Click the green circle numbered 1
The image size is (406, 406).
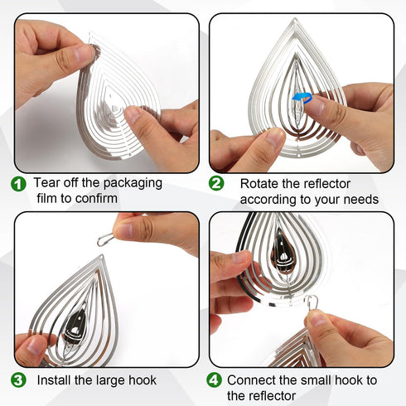coord(18,184)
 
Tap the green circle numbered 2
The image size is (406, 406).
coord(216,183)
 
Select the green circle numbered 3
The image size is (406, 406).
coord(18,380)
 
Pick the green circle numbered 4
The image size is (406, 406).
coord(214,380)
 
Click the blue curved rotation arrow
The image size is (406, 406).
coord(302,96)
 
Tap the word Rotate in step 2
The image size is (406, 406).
coord(259,184)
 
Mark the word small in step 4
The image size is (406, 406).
coord(316,380)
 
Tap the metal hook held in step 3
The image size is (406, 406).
coord(105,239)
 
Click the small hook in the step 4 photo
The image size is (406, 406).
coord(312,303)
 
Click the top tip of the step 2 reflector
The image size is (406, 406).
coord(295,19)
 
